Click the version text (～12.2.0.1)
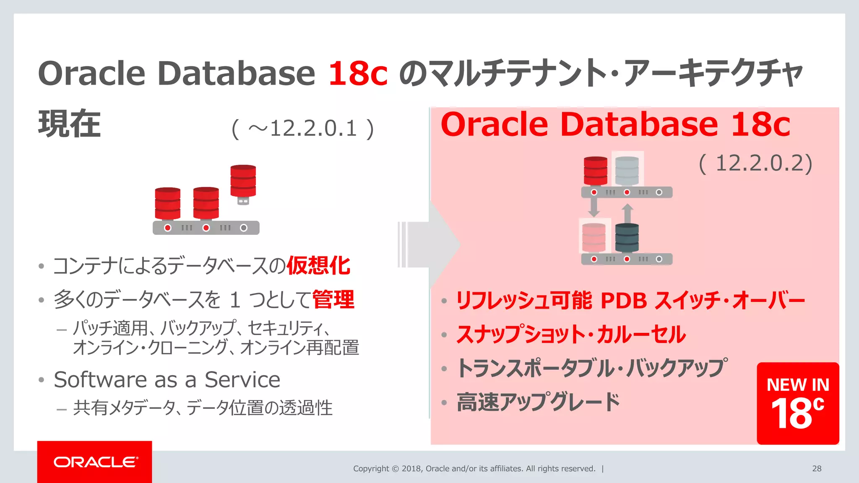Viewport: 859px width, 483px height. pyautogui.click(x=302, y=129)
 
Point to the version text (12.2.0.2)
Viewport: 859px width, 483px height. pyautogui.click(x=755, y=163)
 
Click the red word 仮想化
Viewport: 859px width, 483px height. pyautogui.click(x=318, y=265)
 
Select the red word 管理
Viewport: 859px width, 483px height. pyautogui.click(x=333, y=299)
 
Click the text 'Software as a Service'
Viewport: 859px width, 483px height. pyautogui.click(x=167, y=380)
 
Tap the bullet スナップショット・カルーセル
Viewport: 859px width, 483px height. pyautogui.click(x=571, y=335)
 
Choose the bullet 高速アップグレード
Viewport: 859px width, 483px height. pyautogui.click(x=538, y=402)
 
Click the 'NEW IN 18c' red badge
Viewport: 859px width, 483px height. pyautogui.click(x=797, y=403)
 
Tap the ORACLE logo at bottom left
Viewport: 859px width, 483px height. pyautogui.click(x=95, y=462)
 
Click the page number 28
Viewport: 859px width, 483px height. pyautogui.click(x=816, y=469)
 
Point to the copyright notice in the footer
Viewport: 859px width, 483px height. pyautogui.click(x=474, y=469)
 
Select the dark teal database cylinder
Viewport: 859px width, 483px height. pyautogui.click(x=627, y=238)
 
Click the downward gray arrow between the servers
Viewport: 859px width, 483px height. pyautogui.click(x=593, y=207)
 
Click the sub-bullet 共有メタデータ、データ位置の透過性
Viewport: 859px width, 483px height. pyautogui.click(x=203, y=408)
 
